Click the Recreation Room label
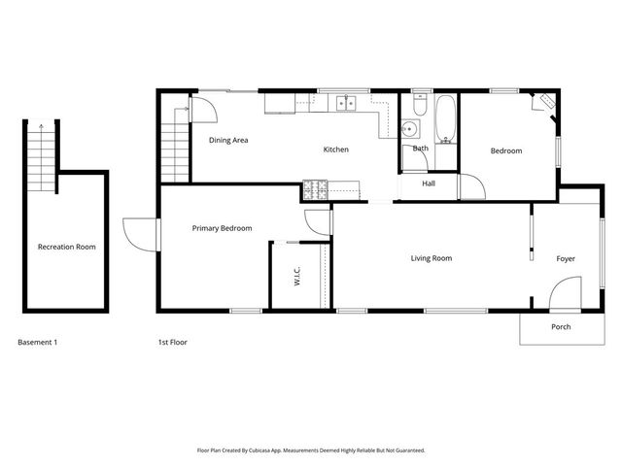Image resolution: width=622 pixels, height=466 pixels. click(66, 247)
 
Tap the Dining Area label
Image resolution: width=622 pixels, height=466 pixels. click(228, 140)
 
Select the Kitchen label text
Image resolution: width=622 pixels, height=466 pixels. click(335, 150)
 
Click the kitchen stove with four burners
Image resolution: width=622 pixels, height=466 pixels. click(315, 189)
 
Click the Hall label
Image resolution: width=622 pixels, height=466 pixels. click(429, 183)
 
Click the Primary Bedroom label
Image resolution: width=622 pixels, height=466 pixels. click(222, 228)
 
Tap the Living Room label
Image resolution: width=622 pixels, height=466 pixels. click(431, 258)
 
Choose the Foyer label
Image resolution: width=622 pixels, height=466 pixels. click(566, 258)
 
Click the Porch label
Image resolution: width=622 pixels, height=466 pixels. click(561, 326)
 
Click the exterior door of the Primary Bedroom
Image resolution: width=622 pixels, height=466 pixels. click(141, 233)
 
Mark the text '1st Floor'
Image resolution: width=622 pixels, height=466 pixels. click(172, 343)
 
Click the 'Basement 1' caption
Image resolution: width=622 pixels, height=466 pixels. click(39, 343)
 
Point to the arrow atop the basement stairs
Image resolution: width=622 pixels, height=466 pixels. click(41, 126)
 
